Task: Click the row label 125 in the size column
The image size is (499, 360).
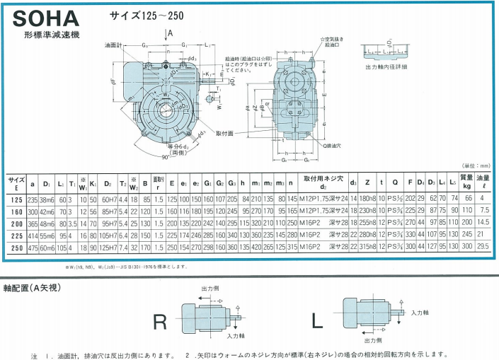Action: pyautogui.click(x=16, y=199)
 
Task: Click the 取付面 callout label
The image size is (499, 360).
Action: pyautogui.click(x=226, y=132)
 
